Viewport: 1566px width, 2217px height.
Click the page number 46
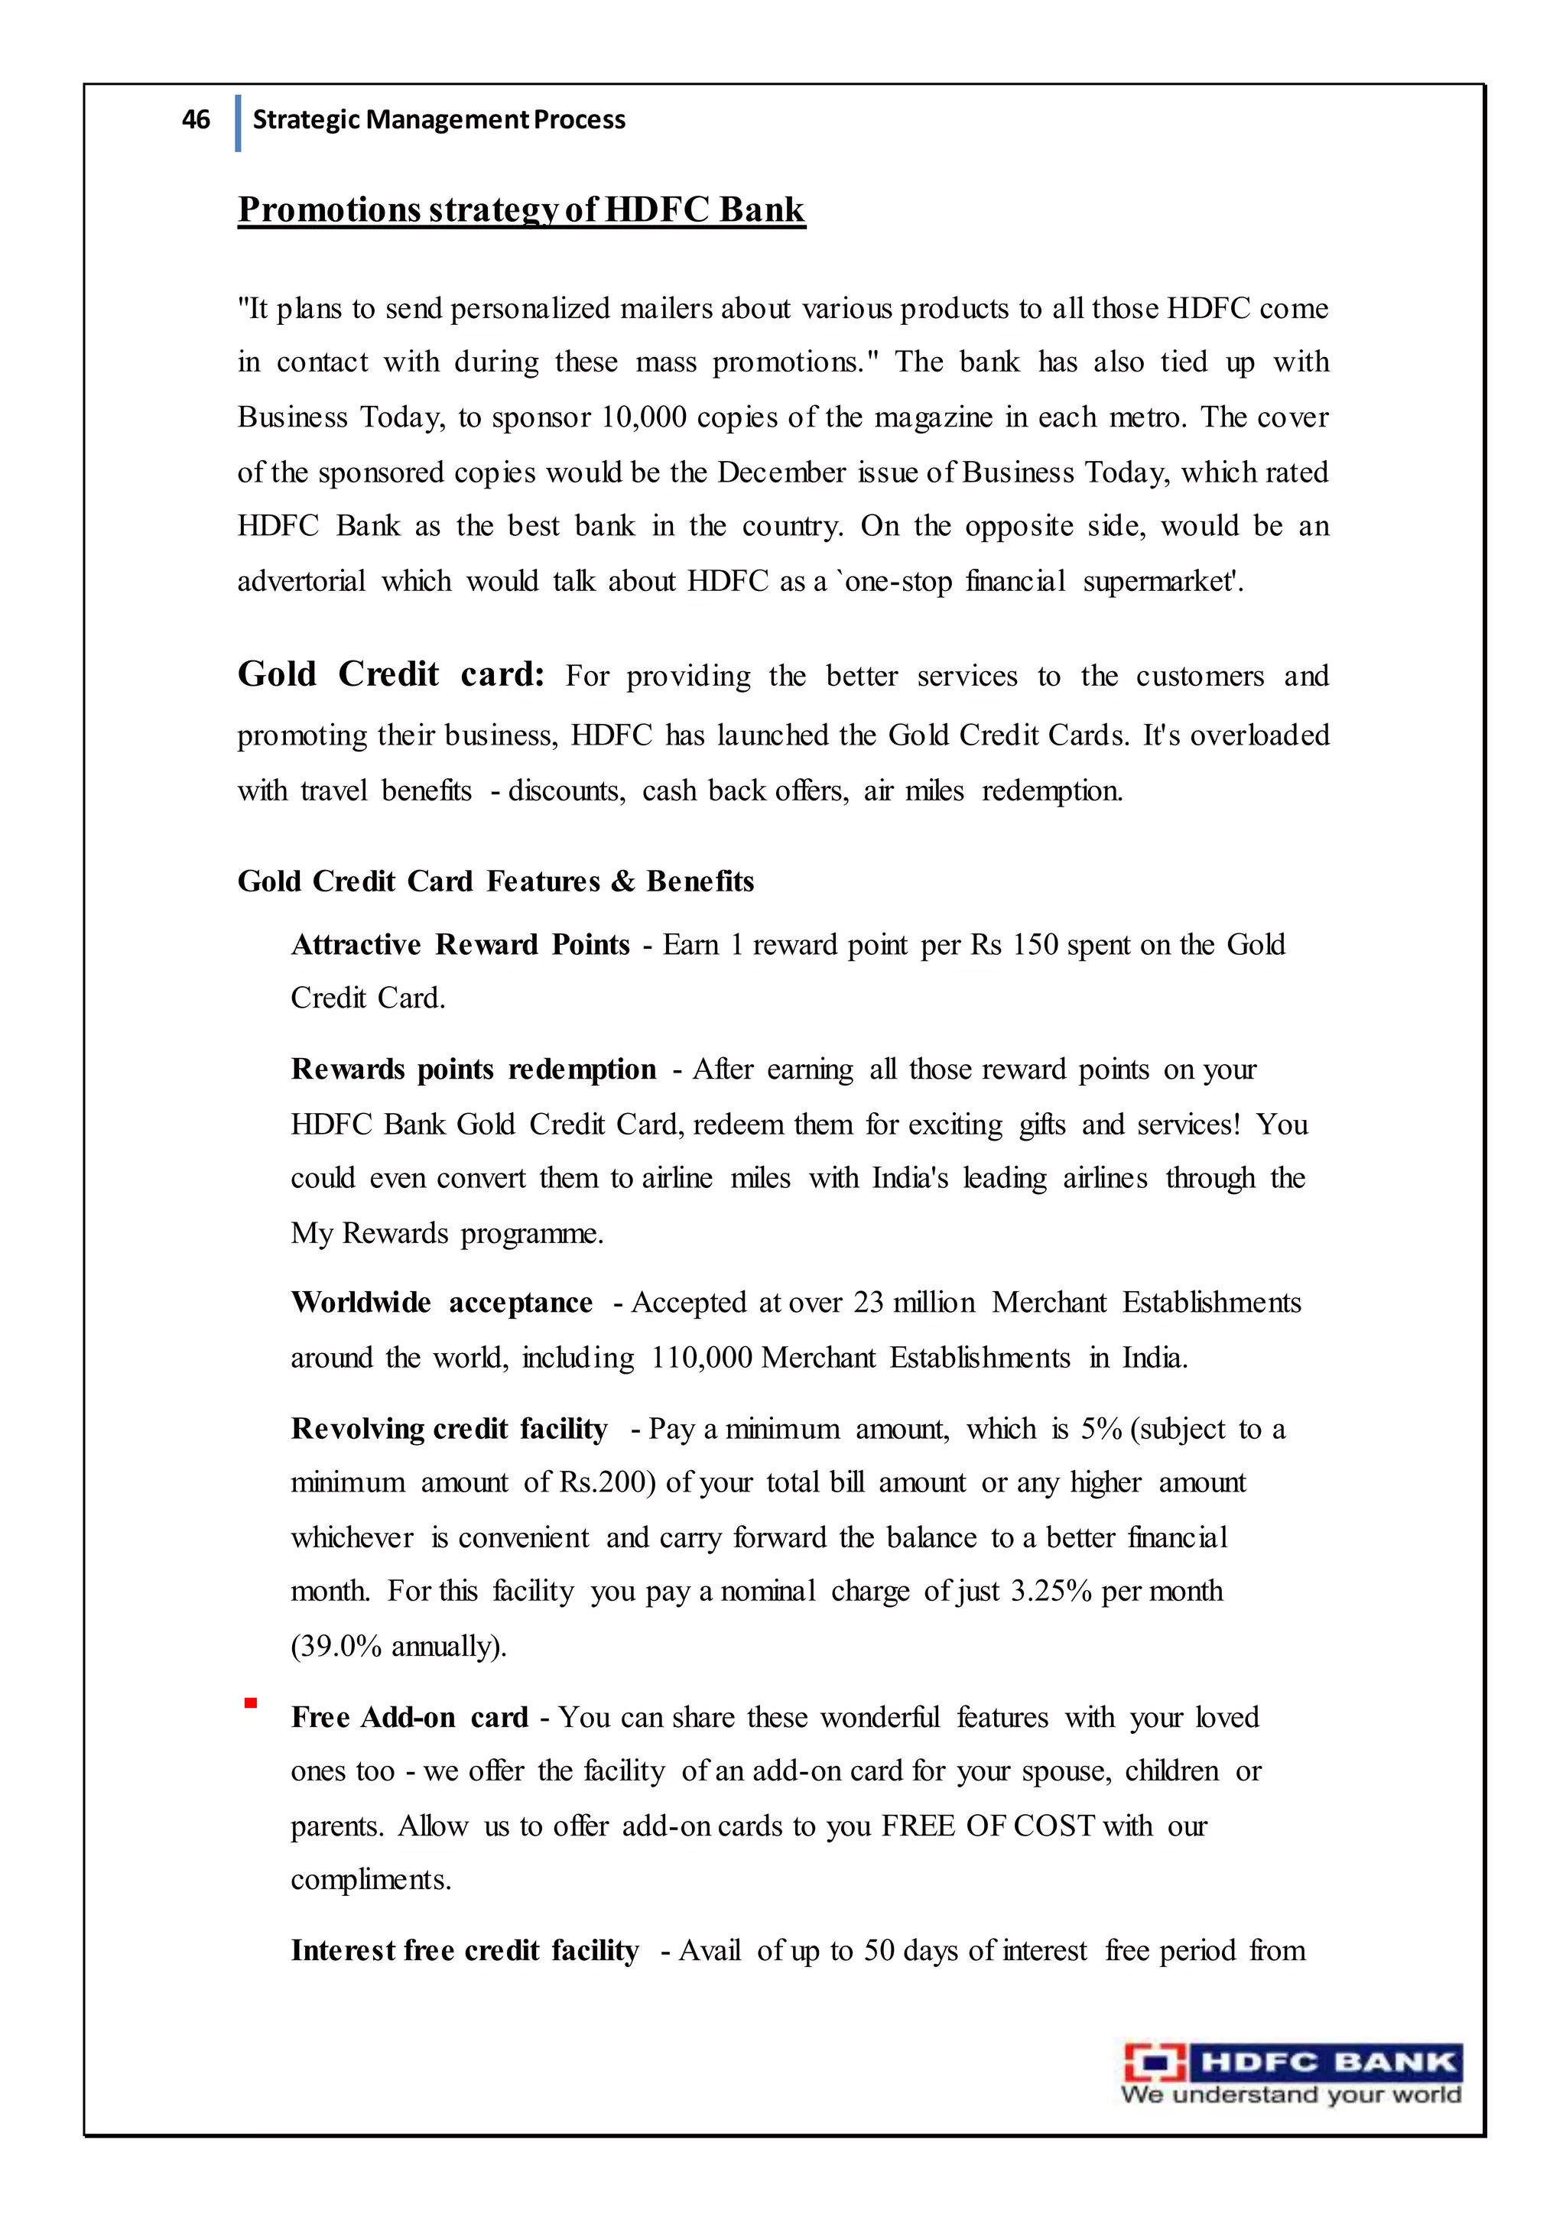(x=195, y=120)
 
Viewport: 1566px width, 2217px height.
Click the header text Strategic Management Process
(x=439, y=120)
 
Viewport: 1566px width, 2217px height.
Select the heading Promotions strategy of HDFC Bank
(x=521, y=209)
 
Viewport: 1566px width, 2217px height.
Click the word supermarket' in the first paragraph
(x=1162, y=581)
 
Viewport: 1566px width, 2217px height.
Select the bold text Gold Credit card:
(x=391, y=674)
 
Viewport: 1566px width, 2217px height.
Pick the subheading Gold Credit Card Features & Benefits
(x=495, y=881)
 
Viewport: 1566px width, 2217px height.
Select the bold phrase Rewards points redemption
(x=473, y=1070)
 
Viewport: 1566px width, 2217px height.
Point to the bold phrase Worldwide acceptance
(x=441, y=1303)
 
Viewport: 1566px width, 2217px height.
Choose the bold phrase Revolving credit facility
(x=449, y=1428)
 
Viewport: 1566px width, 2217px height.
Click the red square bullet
(x=250, y=1703)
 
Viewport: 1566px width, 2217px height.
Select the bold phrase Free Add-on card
(x=410, y=1718)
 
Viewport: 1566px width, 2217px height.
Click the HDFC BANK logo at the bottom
(x=1291, y=2073)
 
